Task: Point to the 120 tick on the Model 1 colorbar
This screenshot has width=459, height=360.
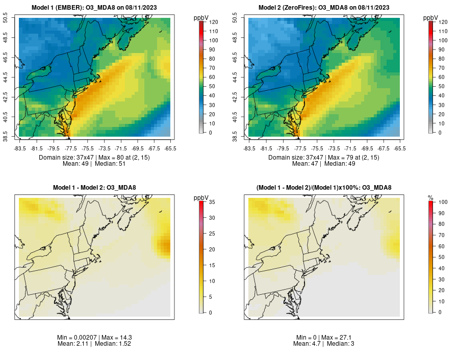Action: [x=213, y=22]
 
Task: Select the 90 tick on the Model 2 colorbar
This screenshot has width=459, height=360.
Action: [x=442, y=49]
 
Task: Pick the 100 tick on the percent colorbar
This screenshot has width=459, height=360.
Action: [x=443, y=202]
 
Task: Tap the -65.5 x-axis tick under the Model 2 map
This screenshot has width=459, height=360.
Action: [x=400, y=148]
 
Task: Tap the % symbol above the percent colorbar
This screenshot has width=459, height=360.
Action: [x=430, y=197]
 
